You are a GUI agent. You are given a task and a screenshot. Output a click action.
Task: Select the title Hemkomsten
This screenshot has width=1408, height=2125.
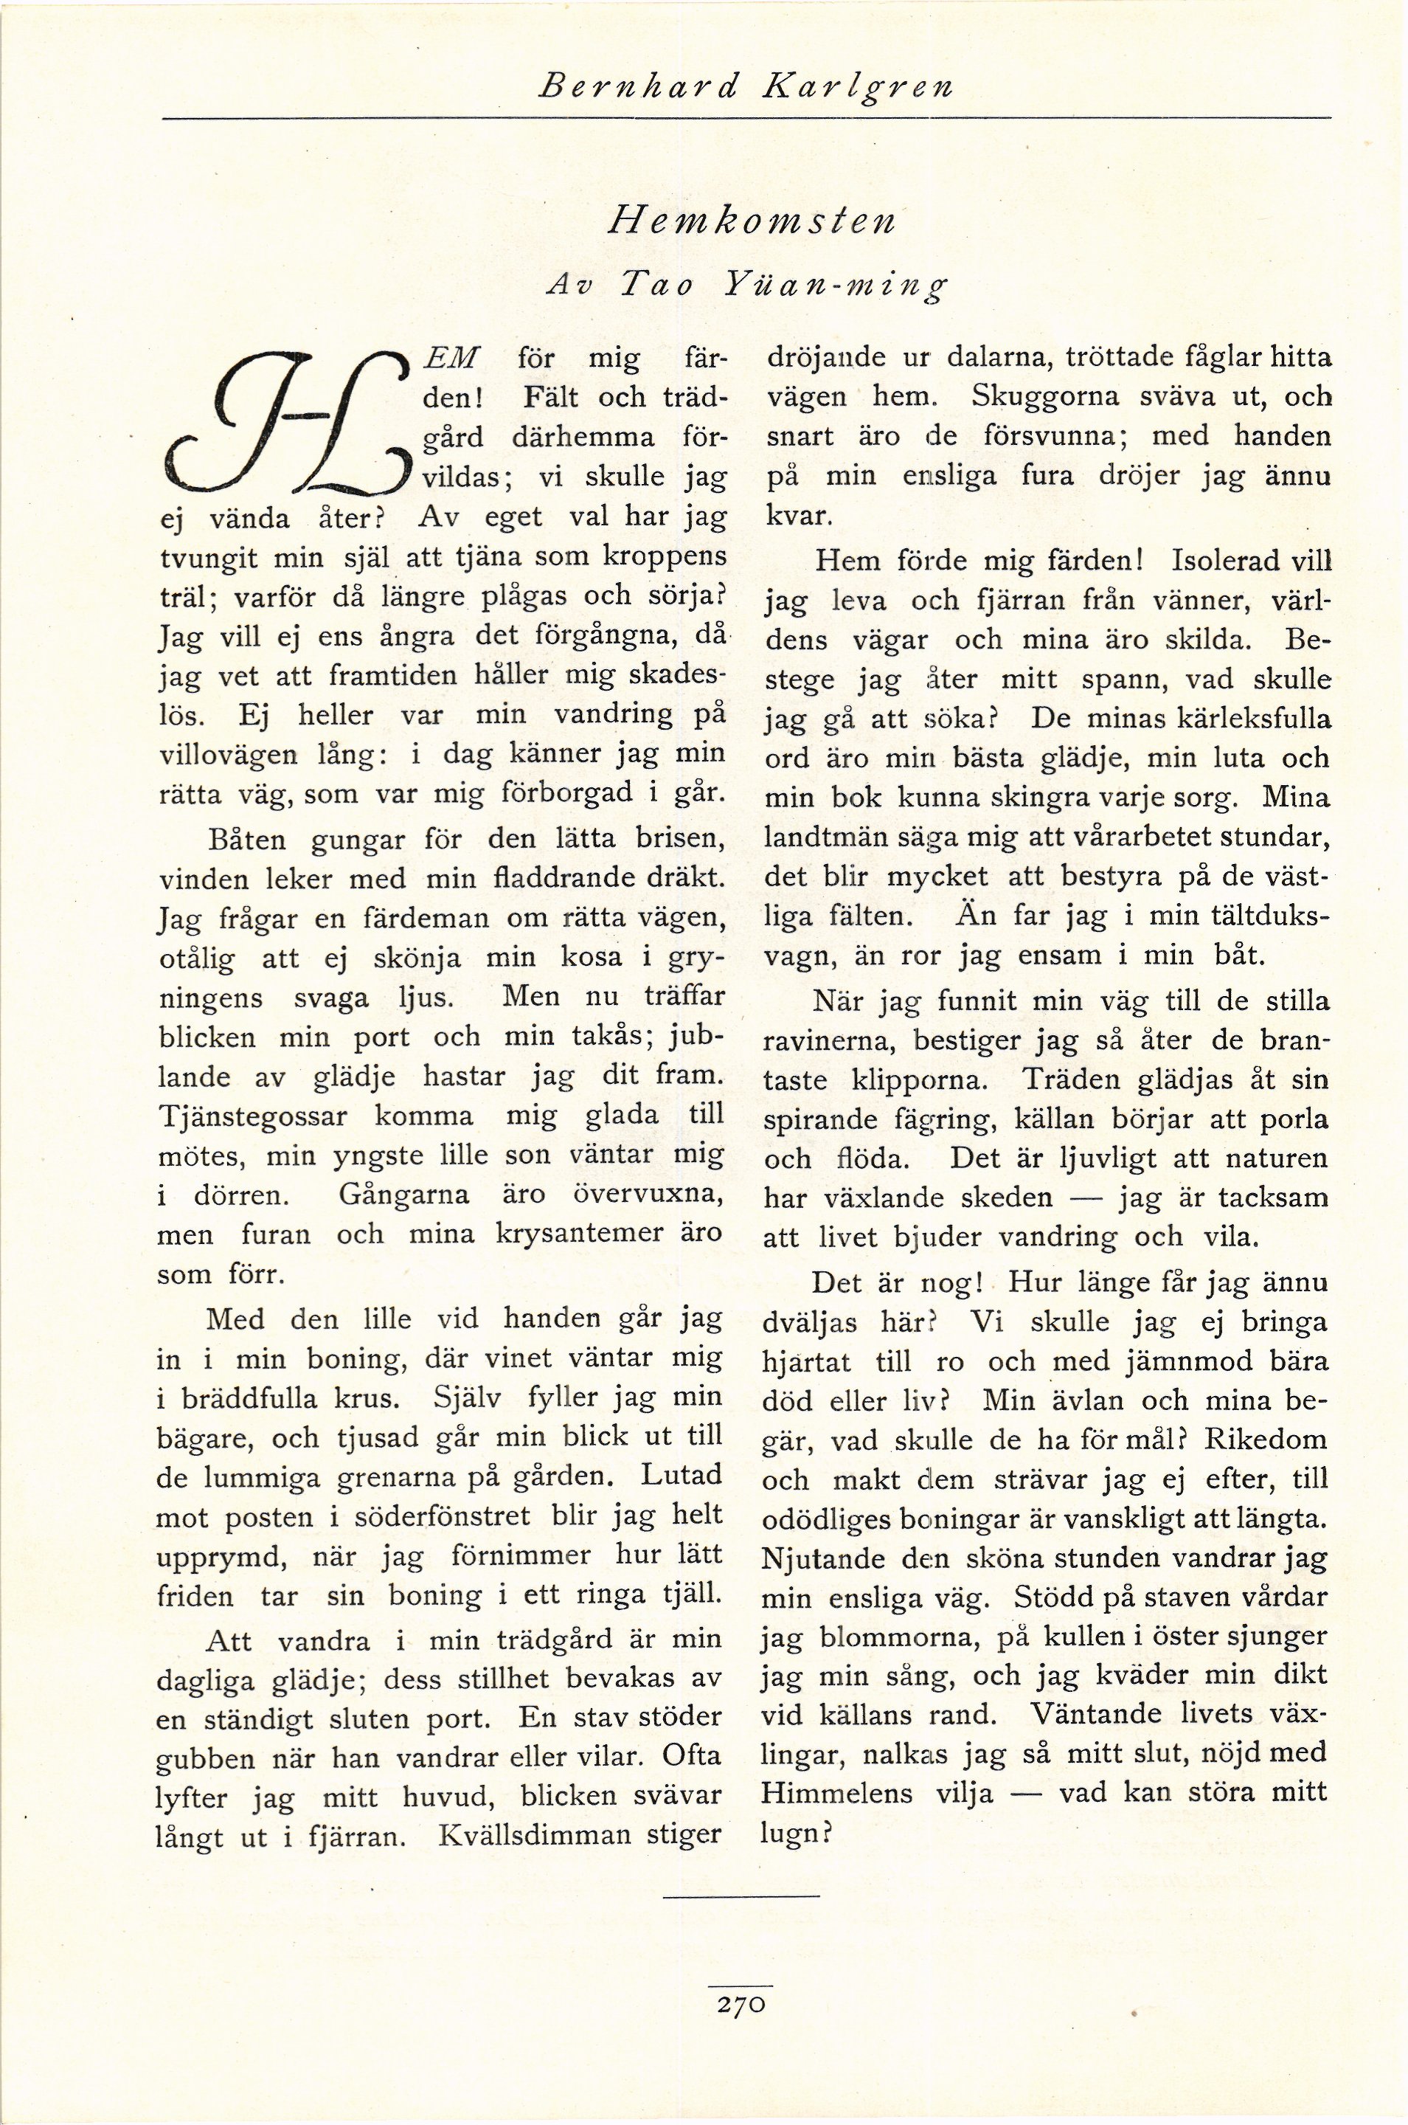pyautogui.click(x=751, y=219)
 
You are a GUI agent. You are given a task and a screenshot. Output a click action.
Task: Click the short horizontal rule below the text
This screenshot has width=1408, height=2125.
pyautogui.click(x=742, y=1896)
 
